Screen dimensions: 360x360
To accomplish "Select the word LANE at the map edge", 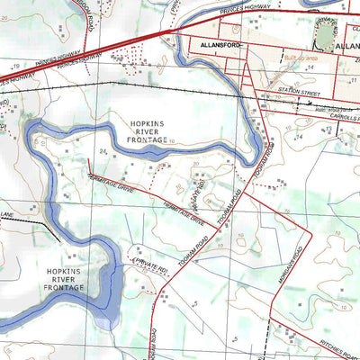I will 7,214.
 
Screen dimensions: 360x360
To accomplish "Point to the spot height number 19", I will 16,67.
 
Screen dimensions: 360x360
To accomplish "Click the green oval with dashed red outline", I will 325,33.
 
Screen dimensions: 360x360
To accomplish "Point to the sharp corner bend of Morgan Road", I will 310,229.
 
